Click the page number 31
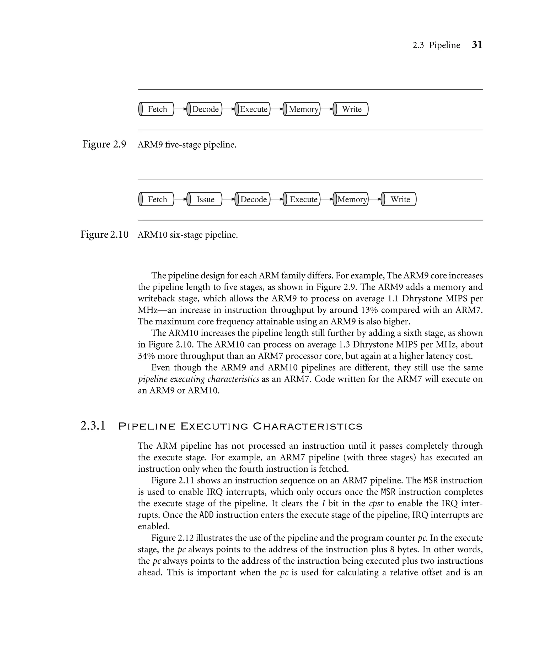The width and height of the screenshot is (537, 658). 477,45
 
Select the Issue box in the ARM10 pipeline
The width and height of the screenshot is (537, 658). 205,199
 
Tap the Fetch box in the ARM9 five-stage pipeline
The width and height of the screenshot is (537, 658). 157,109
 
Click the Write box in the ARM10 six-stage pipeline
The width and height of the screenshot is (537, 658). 400,199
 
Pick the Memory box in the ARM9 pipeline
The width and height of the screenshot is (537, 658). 303,109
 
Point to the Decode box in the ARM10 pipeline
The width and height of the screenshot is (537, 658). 253,199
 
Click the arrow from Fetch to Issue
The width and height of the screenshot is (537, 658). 181,199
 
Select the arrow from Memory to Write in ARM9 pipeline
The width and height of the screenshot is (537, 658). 327,109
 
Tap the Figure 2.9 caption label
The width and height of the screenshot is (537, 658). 104,144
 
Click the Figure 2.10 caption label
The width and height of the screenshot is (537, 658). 104,235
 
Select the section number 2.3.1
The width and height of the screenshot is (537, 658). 93,426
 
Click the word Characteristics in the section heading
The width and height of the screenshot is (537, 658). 308,427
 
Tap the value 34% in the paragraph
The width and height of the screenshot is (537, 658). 146,356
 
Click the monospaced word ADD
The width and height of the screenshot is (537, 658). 206,515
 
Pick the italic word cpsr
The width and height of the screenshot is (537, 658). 376,504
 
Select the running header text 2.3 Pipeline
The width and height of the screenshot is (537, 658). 436,45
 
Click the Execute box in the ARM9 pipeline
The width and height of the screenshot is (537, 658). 253,109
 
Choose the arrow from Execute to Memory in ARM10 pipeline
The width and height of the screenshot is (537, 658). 327,199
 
